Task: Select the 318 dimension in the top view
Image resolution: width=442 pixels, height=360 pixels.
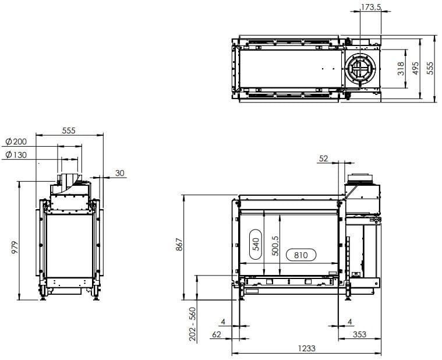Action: click(x=400, y=69)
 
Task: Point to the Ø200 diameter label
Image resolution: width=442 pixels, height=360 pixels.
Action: click(x=16, y=142)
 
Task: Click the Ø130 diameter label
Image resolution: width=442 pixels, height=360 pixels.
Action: click(x=16, y=155)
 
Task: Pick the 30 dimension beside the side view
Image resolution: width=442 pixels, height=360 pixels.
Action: click(x=119, y=173)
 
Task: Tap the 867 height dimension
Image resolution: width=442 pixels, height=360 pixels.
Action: click(x=179, y=246)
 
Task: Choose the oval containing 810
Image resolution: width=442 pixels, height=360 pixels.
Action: click(x=300, y=255)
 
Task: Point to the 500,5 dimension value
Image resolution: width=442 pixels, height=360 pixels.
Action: click(x=275, y=245)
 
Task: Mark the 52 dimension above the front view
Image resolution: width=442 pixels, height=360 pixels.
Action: click(x=324, y=158)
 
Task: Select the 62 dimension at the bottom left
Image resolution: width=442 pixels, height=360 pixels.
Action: click(x=217, y=334)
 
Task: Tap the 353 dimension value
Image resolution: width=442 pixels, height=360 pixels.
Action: click(x=359, y=334)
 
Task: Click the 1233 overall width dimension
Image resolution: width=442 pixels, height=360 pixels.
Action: click(x=306, y=348)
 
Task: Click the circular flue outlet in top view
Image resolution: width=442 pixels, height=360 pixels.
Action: click(x=360, y=69)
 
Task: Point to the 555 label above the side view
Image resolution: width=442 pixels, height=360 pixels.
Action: click(x=68, y=131)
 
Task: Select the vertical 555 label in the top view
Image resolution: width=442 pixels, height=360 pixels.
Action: click(x=430, y=69)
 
